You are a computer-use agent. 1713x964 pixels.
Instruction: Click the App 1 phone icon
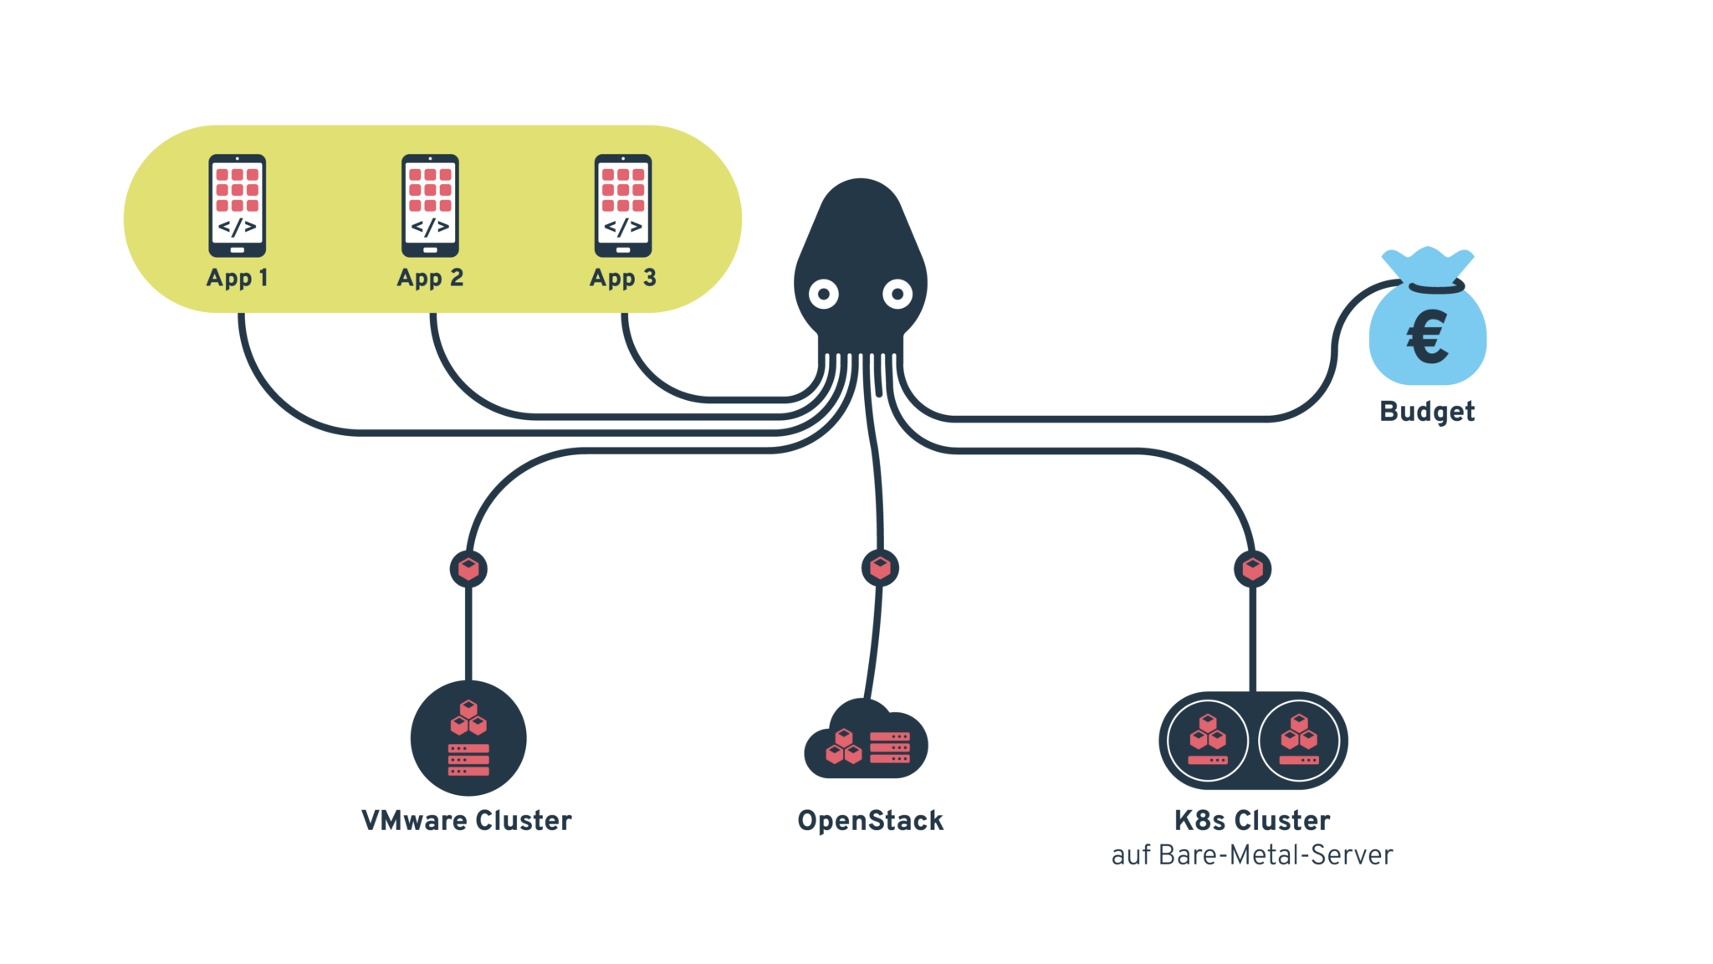pyautogui.click(x=238, y=205)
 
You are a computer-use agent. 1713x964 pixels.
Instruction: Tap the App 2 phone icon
pyautogui.click(x=430, y=205)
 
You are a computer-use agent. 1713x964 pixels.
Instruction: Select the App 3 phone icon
pyautogui.click(x=623, y=205)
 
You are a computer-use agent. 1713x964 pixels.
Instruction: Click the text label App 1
pyautogui.click(x=238, y=278)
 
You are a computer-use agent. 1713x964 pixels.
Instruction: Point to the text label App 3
pyautogui.click(x=623, y=278)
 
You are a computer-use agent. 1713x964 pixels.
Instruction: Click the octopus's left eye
pyautogui.click(x=824, y=294)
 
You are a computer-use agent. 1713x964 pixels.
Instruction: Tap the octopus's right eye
pyautogui.click(x=897, y=294)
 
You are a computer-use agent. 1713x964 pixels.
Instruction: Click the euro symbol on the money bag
pyautogui.click(x=1427, y=336)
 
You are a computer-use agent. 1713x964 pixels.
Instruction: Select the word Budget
pyautogui.click(x=1427, y=411)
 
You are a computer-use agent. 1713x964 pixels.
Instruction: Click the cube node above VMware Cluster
pyautogui.click(x=468, y=569)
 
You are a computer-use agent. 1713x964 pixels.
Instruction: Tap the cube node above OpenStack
pyautogui.click(x=880, y=568)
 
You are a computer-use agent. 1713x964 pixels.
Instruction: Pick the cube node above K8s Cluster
pyautogui.click(x=1252, y=569)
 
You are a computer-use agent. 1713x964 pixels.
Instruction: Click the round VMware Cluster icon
pyautogui.click(x=468, y=738)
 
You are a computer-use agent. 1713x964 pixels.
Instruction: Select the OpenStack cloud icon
pyautogui.click(x=867, y=741)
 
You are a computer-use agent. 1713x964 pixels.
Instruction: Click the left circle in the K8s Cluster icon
pyautogui.click(x=1208, y=741)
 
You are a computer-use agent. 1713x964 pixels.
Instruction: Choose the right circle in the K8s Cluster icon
pyautogui.click(x=1299, y=741)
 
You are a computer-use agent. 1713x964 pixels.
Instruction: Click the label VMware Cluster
pyautogui.click(x=467, y=820)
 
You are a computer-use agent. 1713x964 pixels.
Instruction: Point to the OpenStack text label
pyautogui.click(x=871, y=820)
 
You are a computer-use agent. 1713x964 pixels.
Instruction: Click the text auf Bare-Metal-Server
pyautogui.click(x=1252, y=855)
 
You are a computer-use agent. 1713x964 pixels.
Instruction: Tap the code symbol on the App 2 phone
pyautogui.click(x=430, y=227)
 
